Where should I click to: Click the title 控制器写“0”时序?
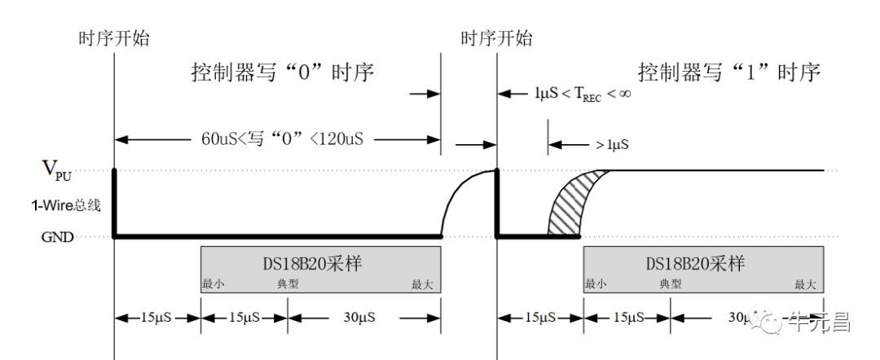coord(282,72)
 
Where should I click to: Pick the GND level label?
coord(58,237)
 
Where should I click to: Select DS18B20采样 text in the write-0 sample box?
coord(320,264)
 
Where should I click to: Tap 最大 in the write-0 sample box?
coord(422,284)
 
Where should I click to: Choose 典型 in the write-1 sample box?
coord(671,284)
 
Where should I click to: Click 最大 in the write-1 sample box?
coord(804,284)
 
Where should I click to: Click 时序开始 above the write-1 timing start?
coord(496,37)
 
